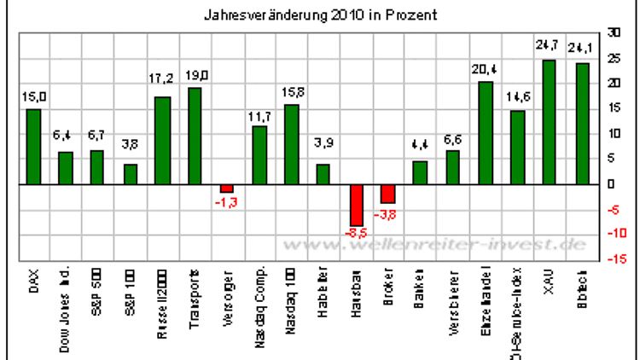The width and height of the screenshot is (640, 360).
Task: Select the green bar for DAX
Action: coord(32,146)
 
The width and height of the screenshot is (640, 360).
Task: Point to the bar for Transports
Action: coord(195,136)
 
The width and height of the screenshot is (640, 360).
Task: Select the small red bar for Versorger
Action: coord(227,188)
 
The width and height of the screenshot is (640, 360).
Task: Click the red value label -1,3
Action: coord(227,201)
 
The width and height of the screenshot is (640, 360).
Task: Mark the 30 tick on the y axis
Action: coord(613,32)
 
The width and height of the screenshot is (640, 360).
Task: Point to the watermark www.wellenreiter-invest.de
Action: coord(436,245)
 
